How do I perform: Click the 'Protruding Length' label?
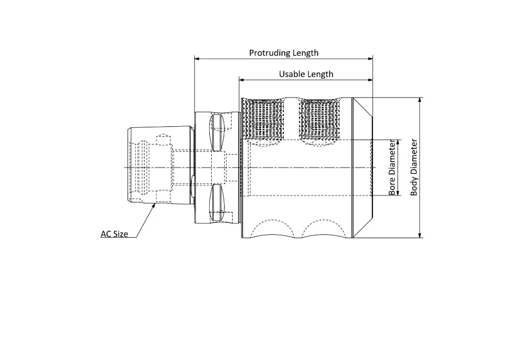tap(283, 53)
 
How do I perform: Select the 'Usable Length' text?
tap(306, 74)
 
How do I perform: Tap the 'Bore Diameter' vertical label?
tap(392, 168)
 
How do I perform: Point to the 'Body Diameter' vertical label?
tap(414, 167)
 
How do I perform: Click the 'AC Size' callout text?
tap(114, 234)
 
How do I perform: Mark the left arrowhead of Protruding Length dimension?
tap(197, 59)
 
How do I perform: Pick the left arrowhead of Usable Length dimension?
tap(242, 80)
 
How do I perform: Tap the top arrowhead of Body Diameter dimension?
tap(420, 100)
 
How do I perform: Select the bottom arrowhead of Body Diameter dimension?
tap(420, 235)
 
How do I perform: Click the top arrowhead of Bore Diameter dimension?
tap(398, 142)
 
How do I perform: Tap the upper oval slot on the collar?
tap(217, 132)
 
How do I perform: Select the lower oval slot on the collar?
tap(217, 202)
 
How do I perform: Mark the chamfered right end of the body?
tap(362, 168)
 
